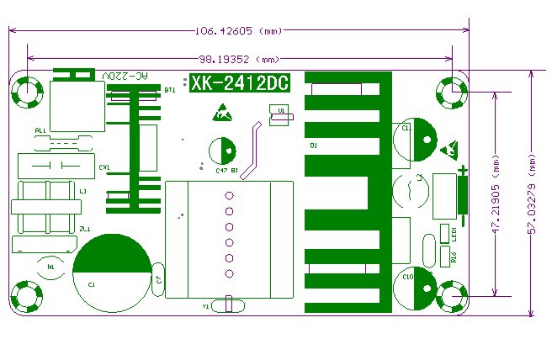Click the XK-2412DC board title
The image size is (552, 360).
point(239,85)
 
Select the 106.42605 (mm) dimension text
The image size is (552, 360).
point(238,32)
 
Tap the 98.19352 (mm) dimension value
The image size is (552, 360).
point(238,60)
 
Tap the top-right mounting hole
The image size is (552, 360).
point(452,93)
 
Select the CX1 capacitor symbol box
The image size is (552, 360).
point(55,165)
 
